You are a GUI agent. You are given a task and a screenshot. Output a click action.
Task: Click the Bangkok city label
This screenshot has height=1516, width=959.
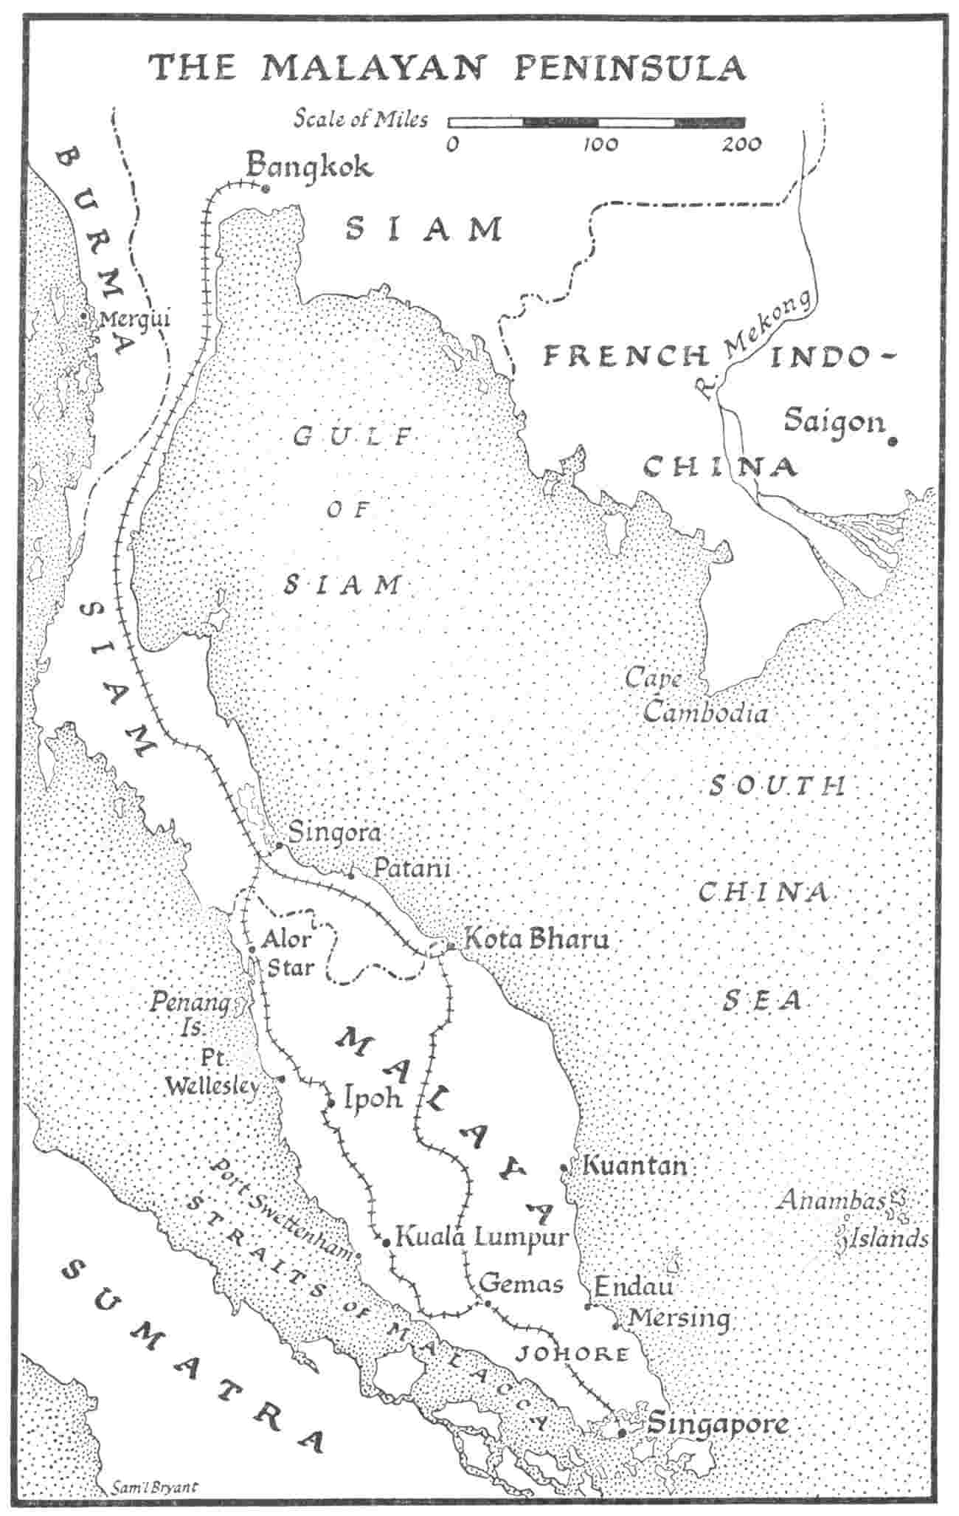tap(308, 166)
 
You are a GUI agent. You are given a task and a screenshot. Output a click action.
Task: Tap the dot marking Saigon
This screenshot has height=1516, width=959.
tap(893, 441)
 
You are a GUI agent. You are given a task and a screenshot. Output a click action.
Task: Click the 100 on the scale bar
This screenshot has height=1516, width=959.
tap(600, 145)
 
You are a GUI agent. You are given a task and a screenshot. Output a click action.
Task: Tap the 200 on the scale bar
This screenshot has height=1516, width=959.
tap(741, 145)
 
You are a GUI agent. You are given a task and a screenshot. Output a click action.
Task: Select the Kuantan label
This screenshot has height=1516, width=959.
tap(634, 1166)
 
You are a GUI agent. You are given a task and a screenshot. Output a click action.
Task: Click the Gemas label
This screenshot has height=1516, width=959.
tap(521, 1284)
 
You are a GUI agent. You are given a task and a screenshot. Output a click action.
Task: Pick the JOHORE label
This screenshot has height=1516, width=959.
tap(572, 1354)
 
